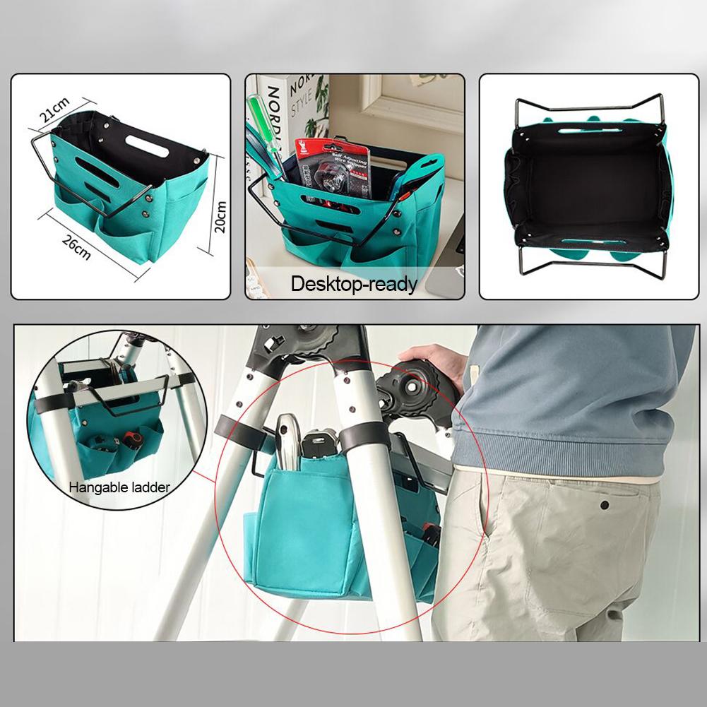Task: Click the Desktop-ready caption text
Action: click(355, 285)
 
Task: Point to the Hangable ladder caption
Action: click(119, 486)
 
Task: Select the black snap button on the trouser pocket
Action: click(605, 505)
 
